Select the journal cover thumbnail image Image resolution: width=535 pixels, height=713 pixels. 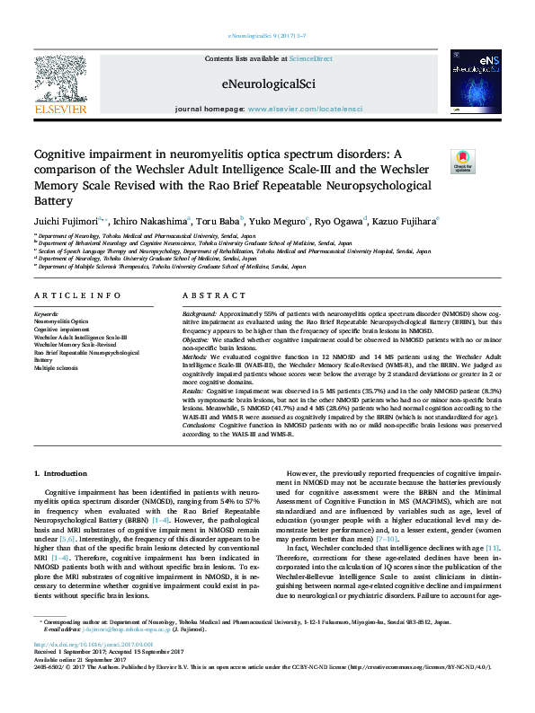click(476, 82)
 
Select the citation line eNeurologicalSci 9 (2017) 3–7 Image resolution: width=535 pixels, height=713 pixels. click(267, 35)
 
